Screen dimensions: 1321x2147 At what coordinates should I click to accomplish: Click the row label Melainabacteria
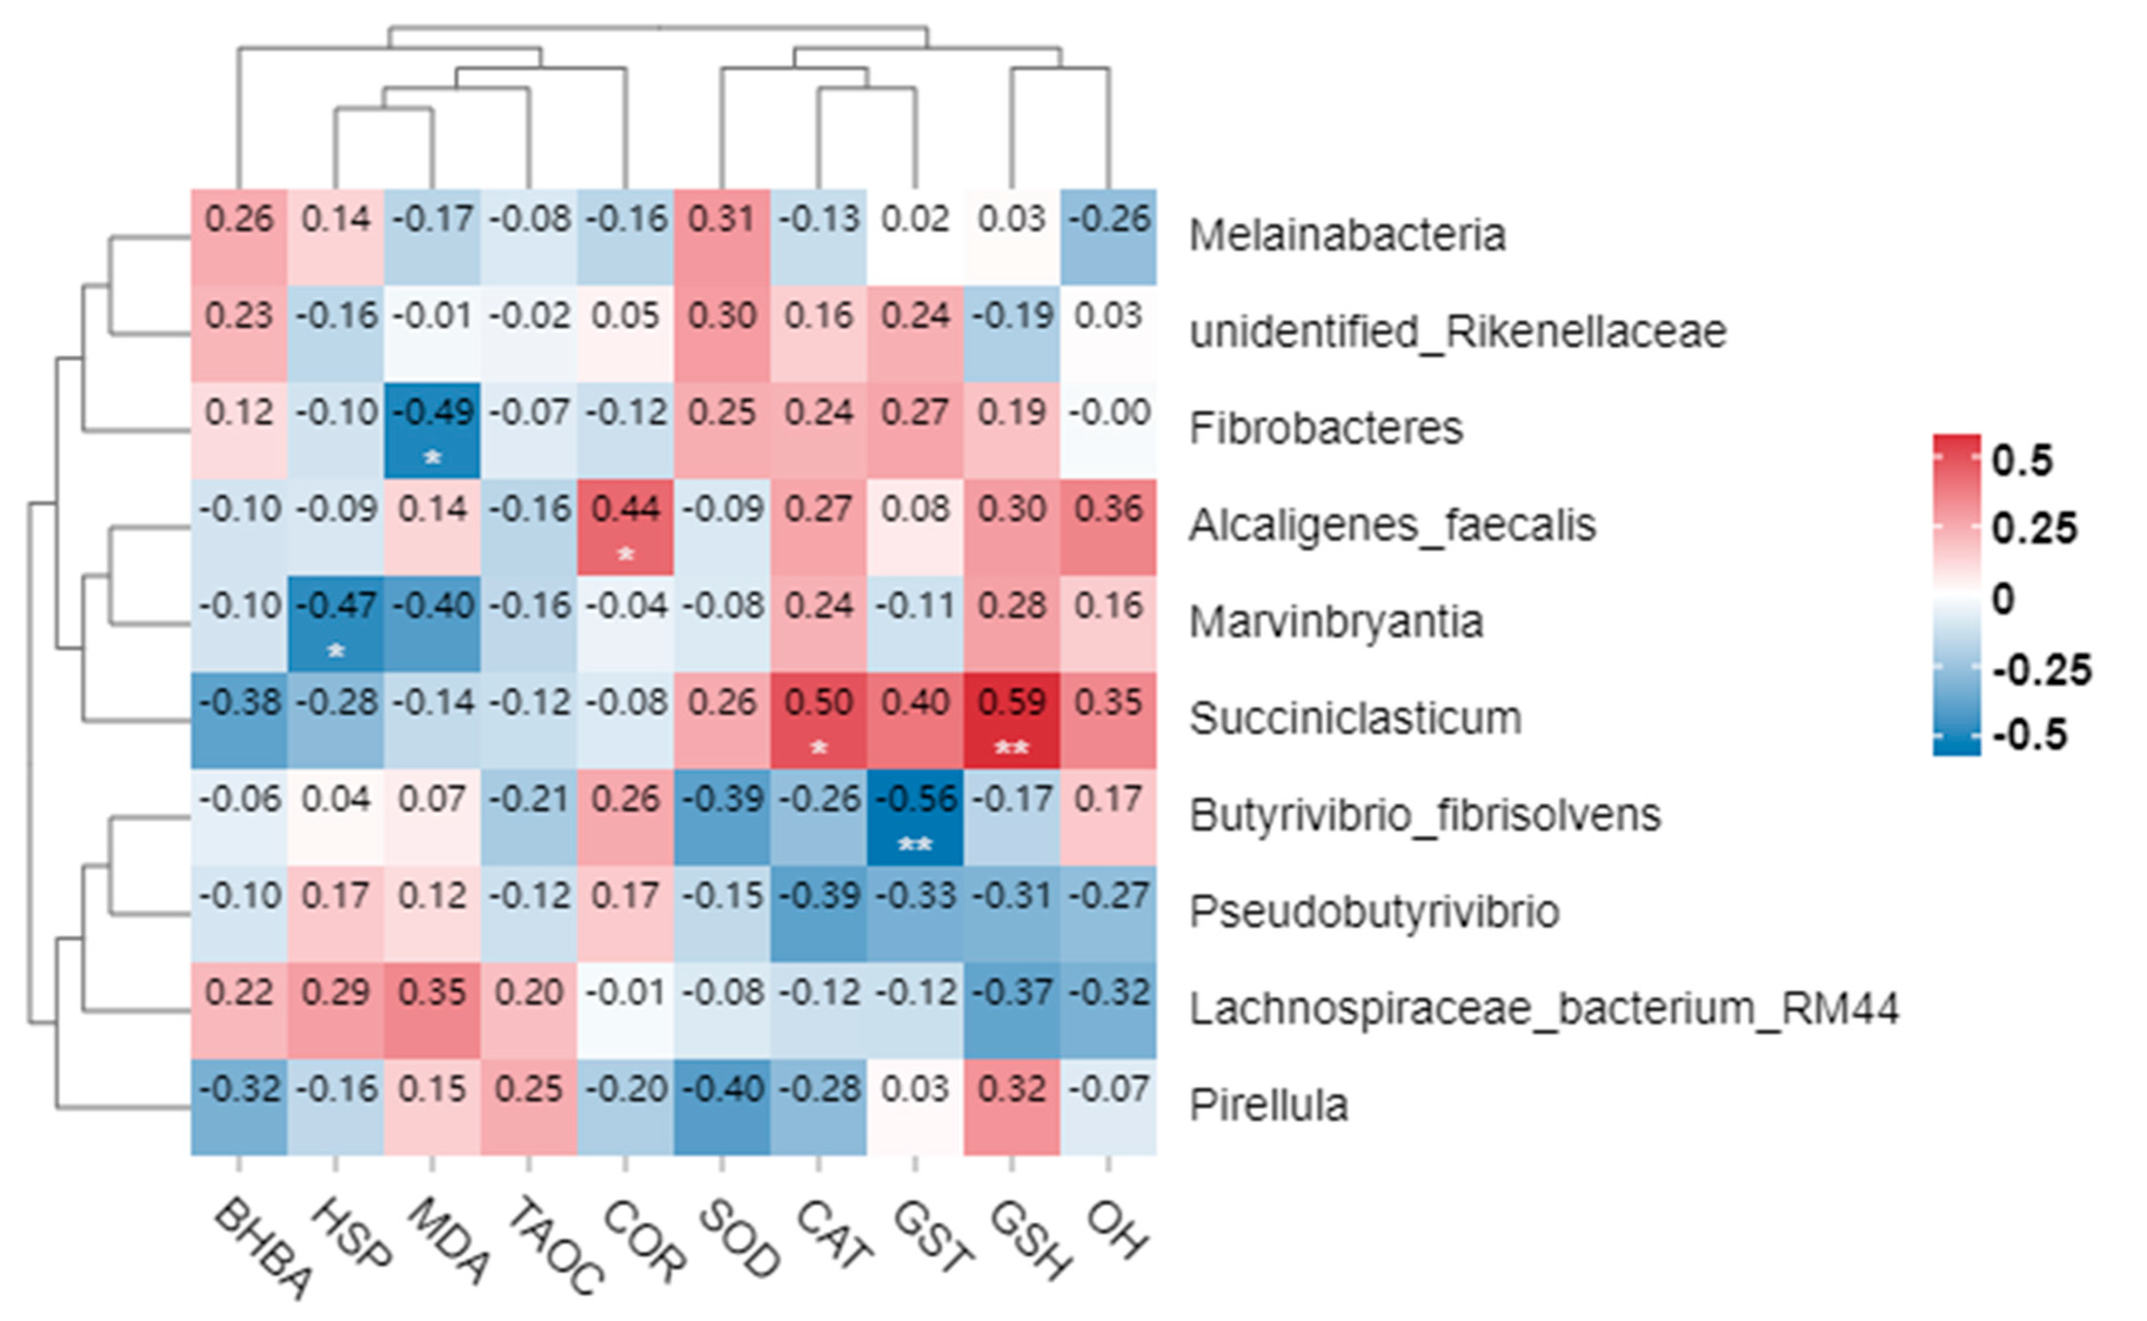pos(1347,236)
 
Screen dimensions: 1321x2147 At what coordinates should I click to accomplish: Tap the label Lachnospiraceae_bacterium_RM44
pos(1543,1009)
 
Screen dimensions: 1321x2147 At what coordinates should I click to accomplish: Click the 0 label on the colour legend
pos(2003,600)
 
